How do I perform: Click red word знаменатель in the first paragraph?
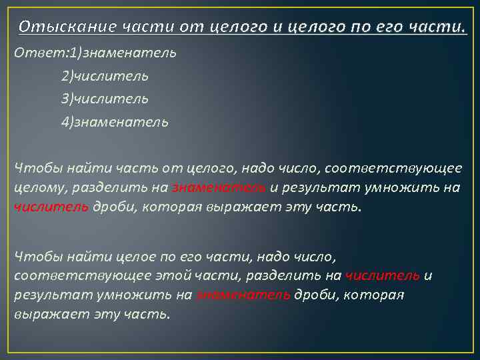point(219,187)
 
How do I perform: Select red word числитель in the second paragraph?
point(382,276)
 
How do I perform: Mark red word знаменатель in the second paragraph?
point(243,295)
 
